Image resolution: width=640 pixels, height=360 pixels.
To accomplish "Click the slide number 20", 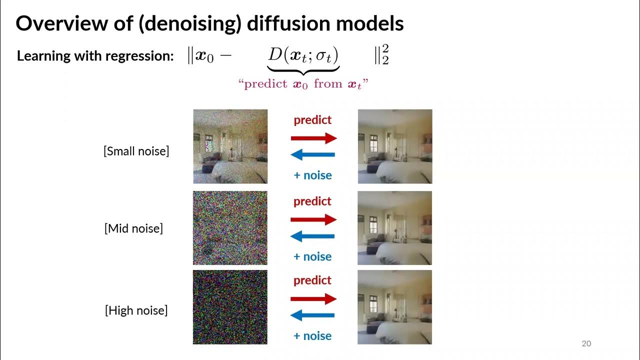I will [x=586, y=343].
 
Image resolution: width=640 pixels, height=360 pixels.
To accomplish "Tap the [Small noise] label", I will [x=136, y=151].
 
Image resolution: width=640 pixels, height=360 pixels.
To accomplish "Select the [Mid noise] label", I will [x=133, y=228].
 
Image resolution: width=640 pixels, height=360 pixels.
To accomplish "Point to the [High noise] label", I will [x=136, y=310].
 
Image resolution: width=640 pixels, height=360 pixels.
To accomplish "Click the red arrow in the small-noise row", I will [x=314, y=138].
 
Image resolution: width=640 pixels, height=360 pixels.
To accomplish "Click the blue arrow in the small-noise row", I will [x=312, y=155].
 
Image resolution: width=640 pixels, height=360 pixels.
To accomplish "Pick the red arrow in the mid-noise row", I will [x=314, y=219].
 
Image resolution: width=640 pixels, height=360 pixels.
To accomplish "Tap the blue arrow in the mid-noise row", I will [x=312, y=236].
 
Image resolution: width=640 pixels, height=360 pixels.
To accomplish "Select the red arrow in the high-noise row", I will [x=314, y=299].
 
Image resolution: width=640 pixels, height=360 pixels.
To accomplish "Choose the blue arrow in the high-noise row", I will [x=312, y=315].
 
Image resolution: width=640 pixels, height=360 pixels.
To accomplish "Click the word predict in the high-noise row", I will [x=312, y=280].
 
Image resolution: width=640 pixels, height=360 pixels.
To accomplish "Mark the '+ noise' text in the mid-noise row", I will [x=312, y=256].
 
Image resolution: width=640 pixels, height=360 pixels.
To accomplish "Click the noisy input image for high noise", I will [x=230, y=307].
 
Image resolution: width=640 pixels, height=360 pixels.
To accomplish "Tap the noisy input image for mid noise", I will [x=230, y=228].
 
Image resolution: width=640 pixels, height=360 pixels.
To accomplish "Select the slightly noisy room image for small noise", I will [x=230, y=146].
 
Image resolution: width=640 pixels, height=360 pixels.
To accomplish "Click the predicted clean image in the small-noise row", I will [x=394, y=146].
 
